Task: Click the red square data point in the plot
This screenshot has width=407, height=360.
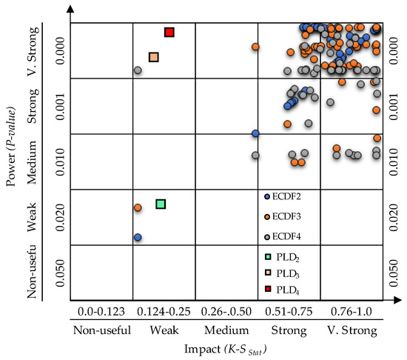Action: [x=169, y=32]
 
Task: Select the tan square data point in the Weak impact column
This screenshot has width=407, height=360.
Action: [x=153, y=57]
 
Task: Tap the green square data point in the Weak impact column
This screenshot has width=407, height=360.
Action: [x=161, y=204]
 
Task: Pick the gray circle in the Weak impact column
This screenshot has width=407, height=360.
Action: [x=138, y=70]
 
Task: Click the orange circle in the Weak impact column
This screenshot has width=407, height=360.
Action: [x=138, y=208]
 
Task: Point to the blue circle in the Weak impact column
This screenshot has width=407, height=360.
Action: [x=138, y=237]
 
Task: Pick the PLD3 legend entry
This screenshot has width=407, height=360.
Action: [x=286, y=276]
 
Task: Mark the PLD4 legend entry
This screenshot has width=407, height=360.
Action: [x=286, y=293]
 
